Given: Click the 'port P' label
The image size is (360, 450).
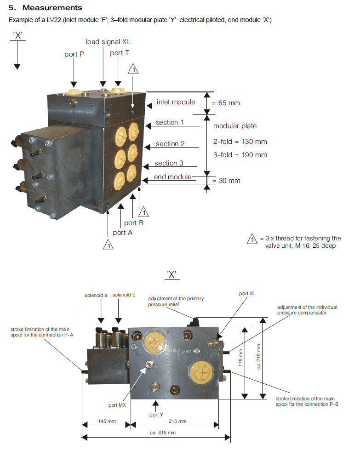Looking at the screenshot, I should (74, 54).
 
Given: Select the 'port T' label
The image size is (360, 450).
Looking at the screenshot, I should (120, 53).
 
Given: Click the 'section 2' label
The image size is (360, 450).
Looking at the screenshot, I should (170, 144).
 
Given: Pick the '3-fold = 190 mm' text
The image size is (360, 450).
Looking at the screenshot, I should (240, 155).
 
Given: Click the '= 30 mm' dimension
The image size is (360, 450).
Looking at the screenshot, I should (226, 181).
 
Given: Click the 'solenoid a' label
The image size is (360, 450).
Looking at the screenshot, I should (96, 295).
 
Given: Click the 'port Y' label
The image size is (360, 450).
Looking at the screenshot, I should (156, 415).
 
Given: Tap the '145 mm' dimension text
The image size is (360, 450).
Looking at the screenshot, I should (106, 421).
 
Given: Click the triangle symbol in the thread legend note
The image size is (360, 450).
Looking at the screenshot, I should (251, 239).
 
